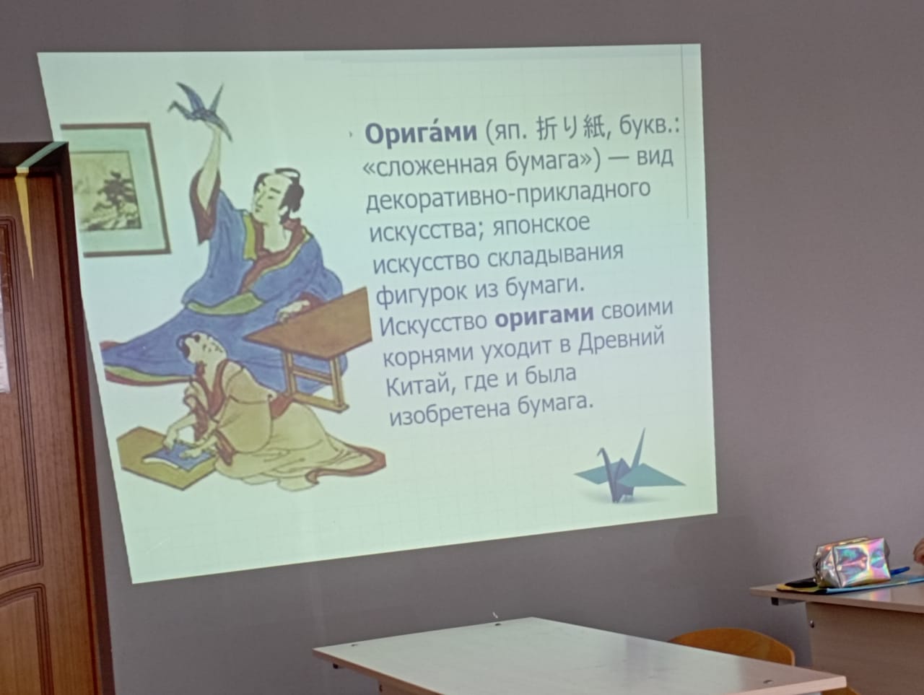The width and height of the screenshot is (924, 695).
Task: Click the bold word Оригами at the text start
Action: coord(421,133)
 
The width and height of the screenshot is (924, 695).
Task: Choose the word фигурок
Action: coord(422,294)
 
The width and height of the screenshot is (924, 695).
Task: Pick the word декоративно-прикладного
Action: coord(507,196)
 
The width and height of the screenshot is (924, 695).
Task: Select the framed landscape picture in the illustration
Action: coord(115,189)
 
